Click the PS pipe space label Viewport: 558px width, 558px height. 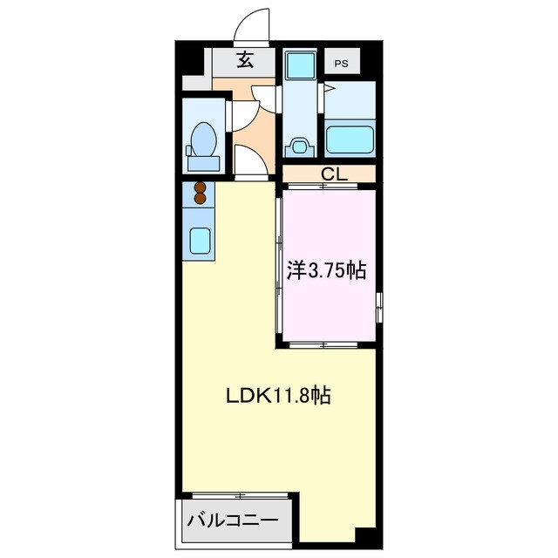[341, 64]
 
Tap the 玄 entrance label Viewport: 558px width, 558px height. [245, 59]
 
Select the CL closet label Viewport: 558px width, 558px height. [334, 174]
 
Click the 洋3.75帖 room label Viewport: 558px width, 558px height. [327, 271]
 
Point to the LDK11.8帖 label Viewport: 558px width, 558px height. [279, 395]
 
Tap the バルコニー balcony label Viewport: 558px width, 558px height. [233, 521]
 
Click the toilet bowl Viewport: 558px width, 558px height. [203, 139]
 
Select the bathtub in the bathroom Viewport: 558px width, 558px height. [350, 139]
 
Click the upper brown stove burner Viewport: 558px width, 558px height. [201, 187]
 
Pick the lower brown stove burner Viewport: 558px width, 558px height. [201, 198]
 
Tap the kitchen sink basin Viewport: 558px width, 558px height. [200, 241]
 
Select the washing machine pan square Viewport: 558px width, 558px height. [301, 65]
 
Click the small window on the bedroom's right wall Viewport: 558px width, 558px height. [379, 307]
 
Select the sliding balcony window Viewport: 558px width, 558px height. [241, 495]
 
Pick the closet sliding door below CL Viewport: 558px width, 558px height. [323, 186]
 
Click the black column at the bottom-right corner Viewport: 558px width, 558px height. [367, 537]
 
